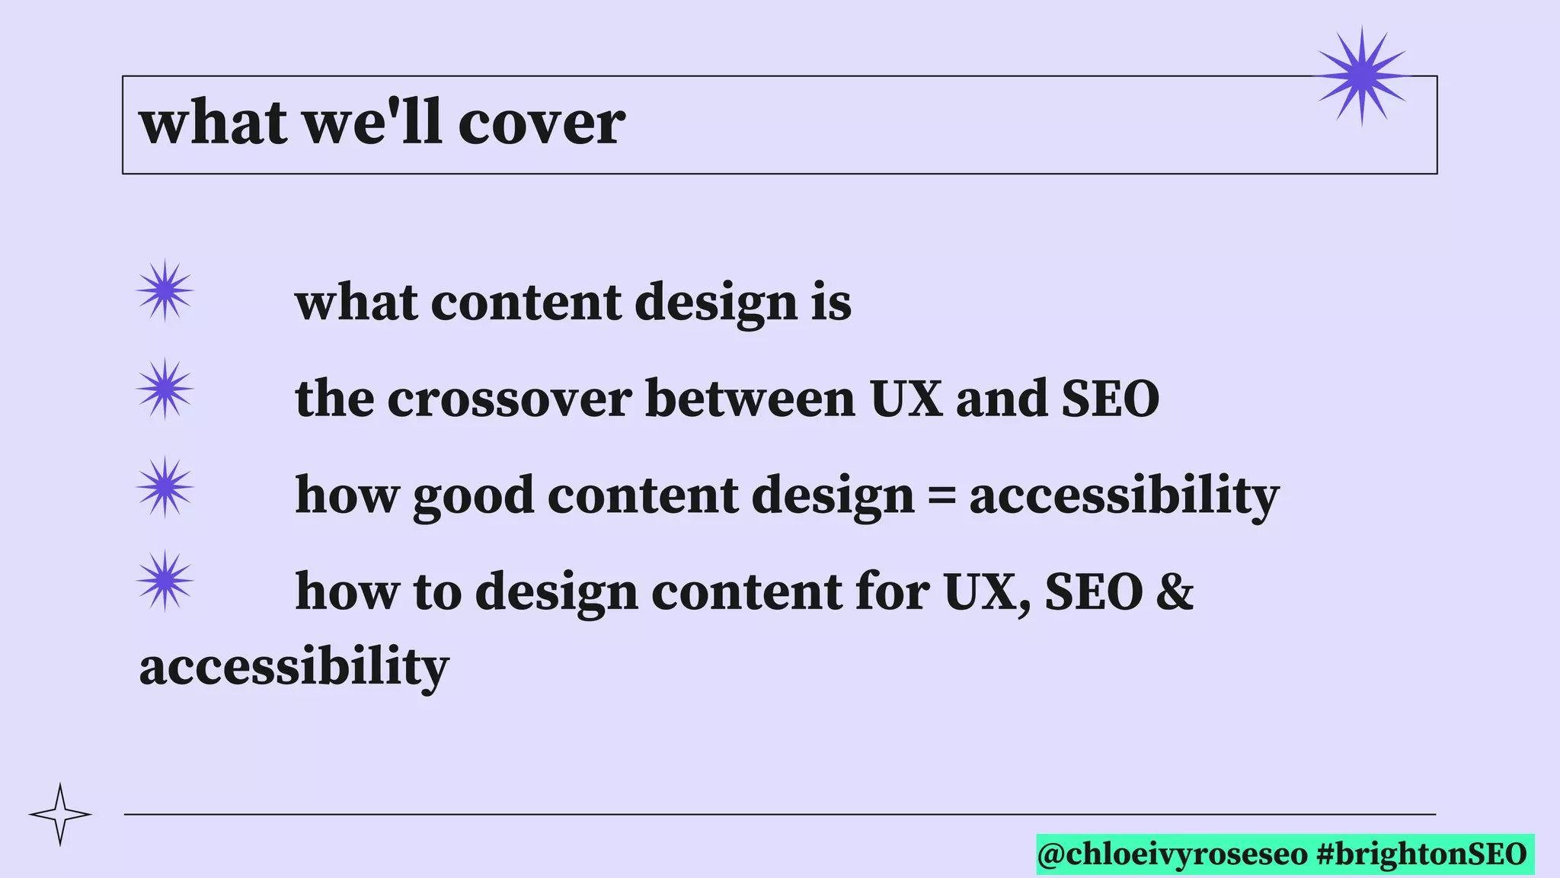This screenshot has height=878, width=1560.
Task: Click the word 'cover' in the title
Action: [x=542, y=123]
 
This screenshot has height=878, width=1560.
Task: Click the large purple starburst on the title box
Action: [x=1362, y=75]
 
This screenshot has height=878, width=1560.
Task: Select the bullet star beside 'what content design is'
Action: [x=165, y=290]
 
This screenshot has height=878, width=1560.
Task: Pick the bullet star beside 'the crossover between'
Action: [x=165, y=389]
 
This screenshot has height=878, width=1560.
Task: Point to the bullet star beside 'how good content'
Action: [x=165, y=487]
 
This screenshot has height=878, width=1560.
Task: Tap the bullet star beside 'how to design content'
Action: [x=165, y=581]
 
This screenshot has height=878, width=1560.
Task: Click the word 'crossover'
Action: [x=509, y=399]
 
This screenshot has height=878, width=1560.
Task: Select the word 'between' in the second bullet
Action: [x=750, y=399]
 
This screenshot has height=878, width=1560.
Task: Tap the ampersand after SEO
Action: [x=1175, y=591]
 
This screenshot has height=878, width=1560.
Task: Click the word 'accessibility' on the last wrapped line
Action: [x=294, y=667]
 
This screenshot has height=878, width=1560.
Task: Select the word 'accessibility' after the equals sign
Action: [x=1124, y=496]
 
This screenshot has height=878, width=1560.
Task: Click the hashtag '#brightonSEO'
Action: [x=1421, y=854]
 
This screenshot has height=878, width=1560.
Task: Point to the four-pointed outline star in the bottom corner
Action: [x=60, y=814]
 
